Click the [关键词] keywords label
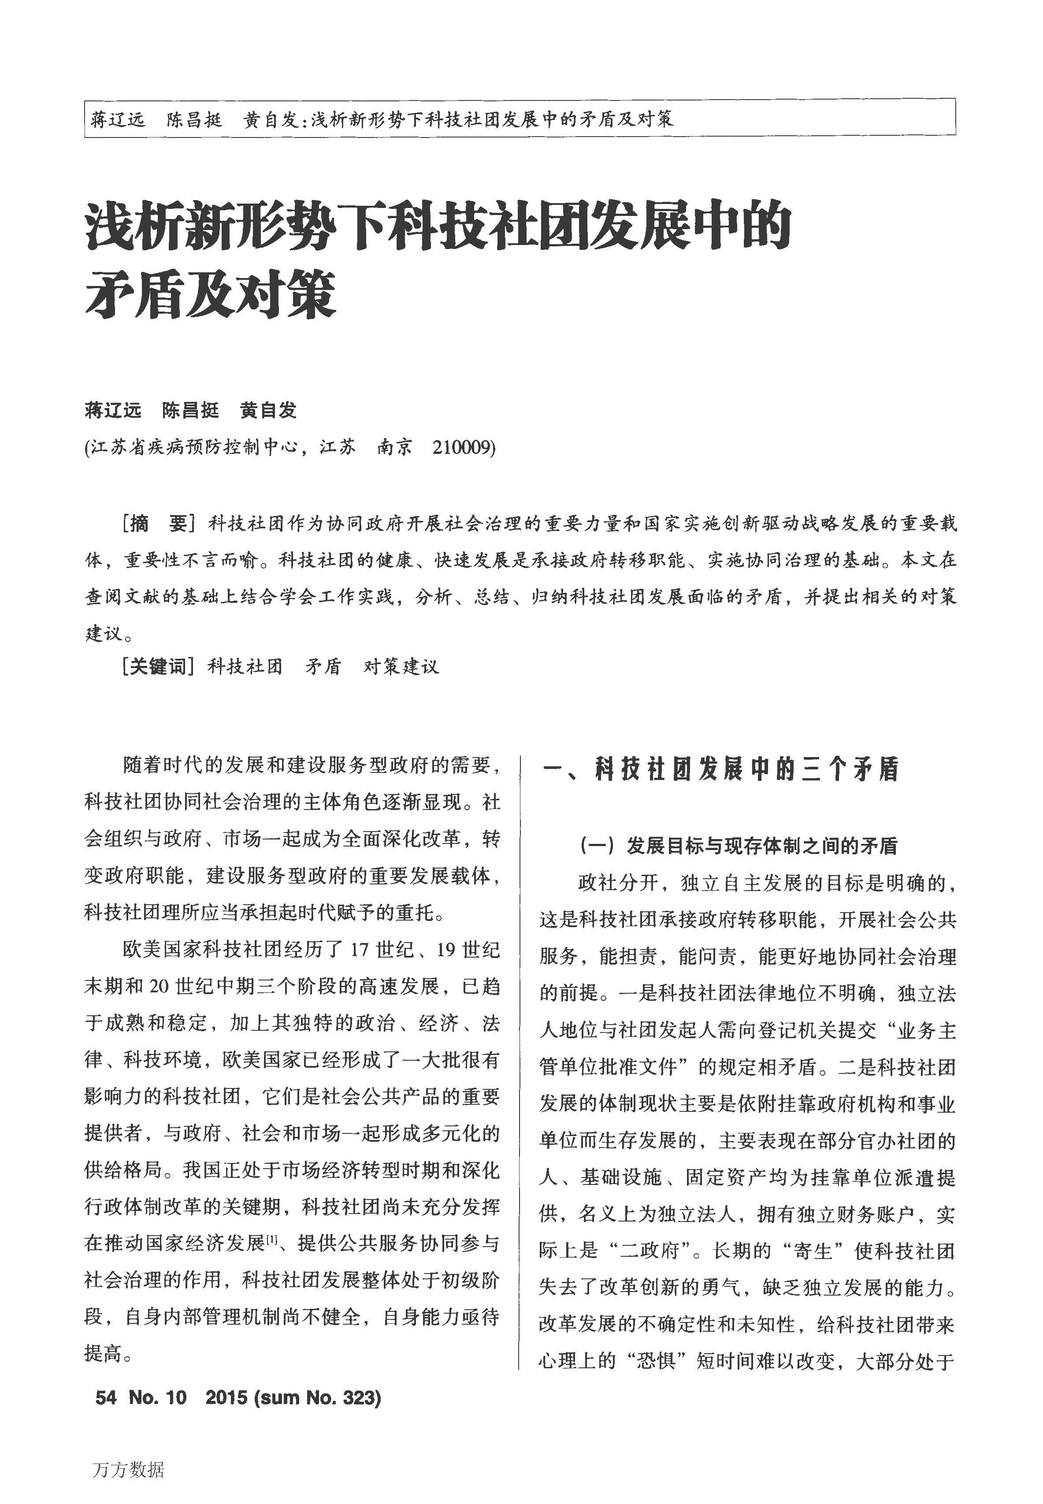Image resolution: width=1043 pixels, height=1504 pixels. pyautogui.click(x=158, y=667)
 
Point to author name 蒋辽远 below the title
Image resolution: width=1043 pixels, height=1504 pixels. pyautogui.click(x=113, y=410)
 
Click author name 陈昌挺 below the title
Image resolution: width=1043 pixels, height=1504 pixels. pyautogui.click(x=190, y=410)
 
